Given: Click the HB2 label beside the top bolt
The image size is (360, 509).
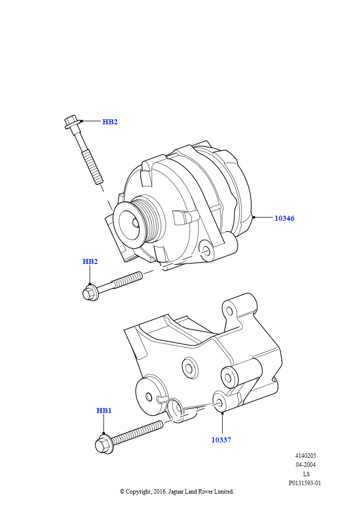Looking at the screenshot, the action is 110,122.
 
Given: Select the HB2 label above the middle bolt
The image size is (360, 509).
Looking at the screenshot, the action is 90,261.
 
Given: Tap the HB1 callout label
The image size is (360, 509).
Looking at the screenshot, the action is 104,411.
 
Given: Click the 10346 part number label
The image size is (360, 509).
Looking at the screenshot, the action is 284,218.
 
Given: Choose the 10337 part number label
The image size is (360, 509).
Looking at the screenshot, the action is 221,440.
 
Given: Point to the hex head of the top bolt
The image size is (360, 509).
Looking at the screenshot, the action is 71,122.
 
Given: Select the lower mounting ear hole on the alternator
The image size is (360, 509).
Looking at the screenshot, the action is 206,250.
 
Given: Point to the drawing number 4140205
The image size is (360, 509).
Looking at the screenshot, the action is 305,455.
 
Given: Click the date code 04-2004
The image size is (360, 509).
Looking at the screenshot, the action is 305,465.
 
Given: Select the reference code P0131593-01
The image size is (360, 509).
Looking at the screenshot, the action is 305,483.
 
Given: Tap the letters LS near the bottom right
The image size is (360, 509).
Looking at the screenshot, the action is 306,474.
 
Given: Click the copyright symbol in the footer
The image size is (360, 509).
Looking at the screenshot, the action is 122,492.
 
